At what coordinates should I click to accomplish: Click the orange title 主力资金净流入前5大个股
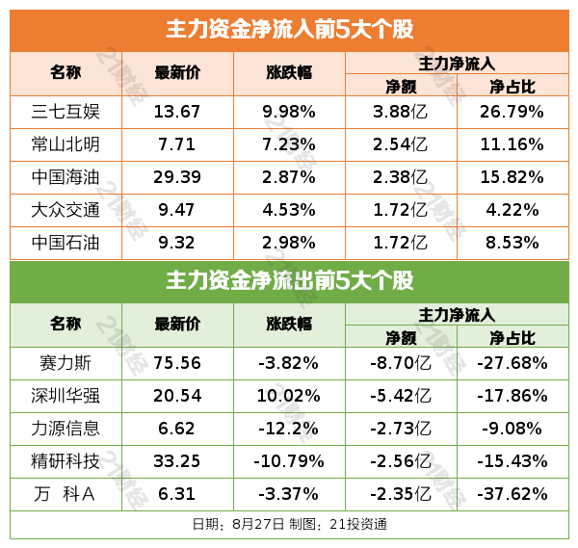tap(289, 30)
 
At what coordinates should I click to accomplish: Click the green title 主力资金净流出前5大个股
tap(289, 281)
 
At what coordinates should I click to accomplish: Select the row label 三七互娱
tap(66, 112)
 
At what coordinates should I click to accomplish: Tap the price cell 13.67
tap(177, 112)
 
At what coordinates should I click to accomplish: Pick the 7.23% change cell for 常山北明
tap(289, 144)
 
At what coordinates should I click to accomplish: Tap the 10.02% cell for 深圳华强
tap(289, 396)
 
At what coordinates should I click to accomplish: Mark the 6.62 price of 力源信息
tap(177, 429)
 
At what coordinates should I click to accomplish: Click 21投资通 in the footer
tap(361, 525)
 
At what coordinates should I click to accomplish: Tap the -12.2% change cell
tap(289, 429)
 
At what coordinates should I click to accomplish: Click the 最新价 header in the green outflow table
tap(177, 324)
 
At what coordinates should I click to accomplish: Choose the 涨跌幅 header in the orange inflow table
tap(289, 72)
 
